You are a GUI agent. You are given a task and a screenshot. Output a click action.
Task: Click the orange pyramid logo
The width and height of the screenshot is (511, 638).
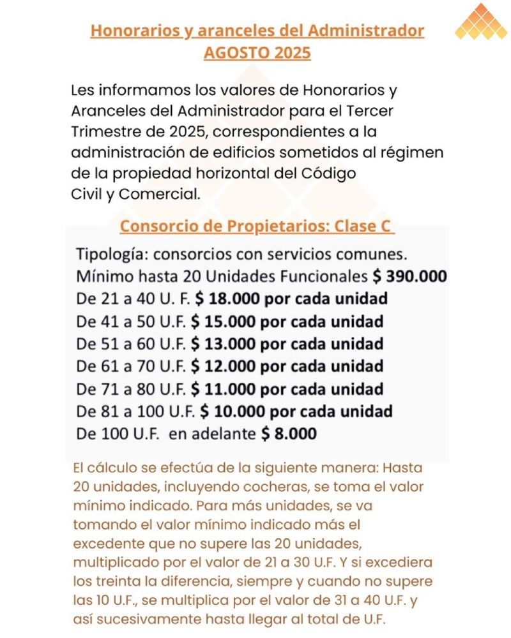tap(481, 22)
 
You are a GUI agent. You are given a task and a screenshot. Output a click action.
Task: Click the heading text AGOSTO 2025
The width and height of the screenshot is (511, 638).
tap(257, 52)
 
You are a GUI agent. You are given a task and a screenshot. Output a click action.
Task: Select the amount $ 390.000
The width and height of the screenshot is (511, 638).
tap(409, 277)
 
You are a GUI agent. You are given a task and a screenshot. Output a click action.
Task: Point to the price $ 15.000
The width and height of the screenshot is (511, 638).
tap(224, 321)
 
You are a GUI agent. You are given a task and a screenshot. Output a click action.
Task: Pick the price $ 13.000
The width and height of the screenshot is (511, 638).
tap(224, 343)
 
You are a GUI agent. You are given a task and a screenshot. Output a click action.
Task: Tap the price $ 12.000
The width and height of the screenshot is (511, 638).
tap(224, 366)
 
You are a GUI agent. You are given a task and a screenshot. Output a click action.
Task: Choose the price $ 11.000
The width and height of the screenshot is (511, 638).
tap(224, 389)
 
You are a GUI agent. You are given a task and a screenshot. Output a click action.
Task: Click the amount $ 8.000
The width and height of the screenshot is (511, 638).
tap(289, 434)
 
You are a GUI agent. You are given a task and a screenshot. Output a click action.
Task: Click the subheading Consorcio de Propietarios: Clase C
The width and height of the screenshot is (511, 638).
tap(257, 226)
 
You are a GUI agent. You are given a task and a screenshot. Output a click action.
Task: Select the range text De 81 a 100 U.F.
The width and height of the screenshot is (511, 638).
tap(136, 411)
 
